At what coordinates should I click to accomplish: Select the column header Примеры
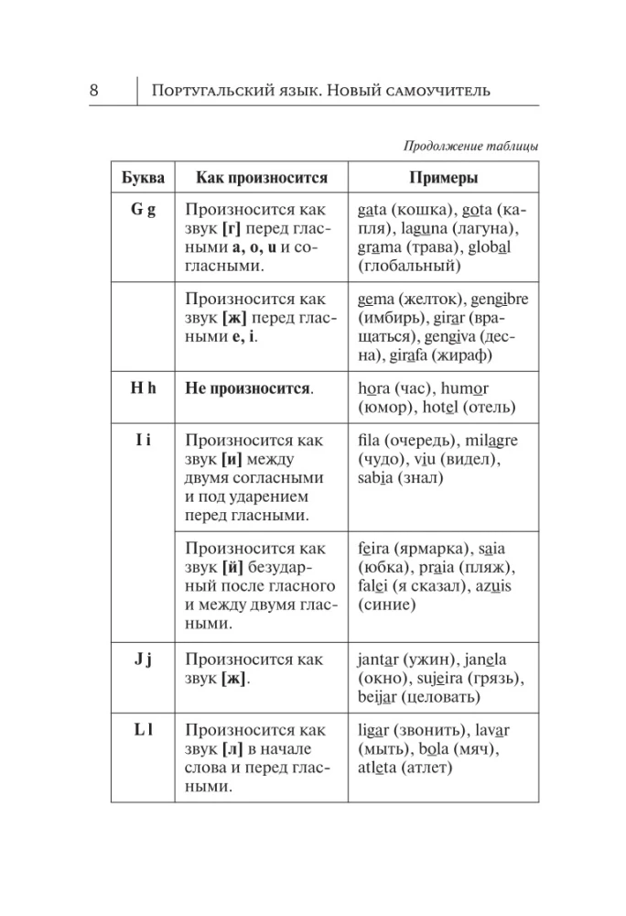tap(443, 178)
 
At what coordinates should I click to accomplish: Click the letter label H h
tap(143, 387)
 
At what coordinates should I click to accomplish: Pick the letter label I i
tap(143, 440)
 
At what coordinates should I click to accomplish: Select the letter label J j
tap(143, 658)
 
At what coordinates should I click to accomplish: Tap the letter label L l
tap(143, 729)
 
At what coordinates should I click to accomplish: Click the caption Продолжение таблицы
tap(470, 145)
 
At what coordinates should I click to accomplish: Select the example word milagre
tap(488, 441)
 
